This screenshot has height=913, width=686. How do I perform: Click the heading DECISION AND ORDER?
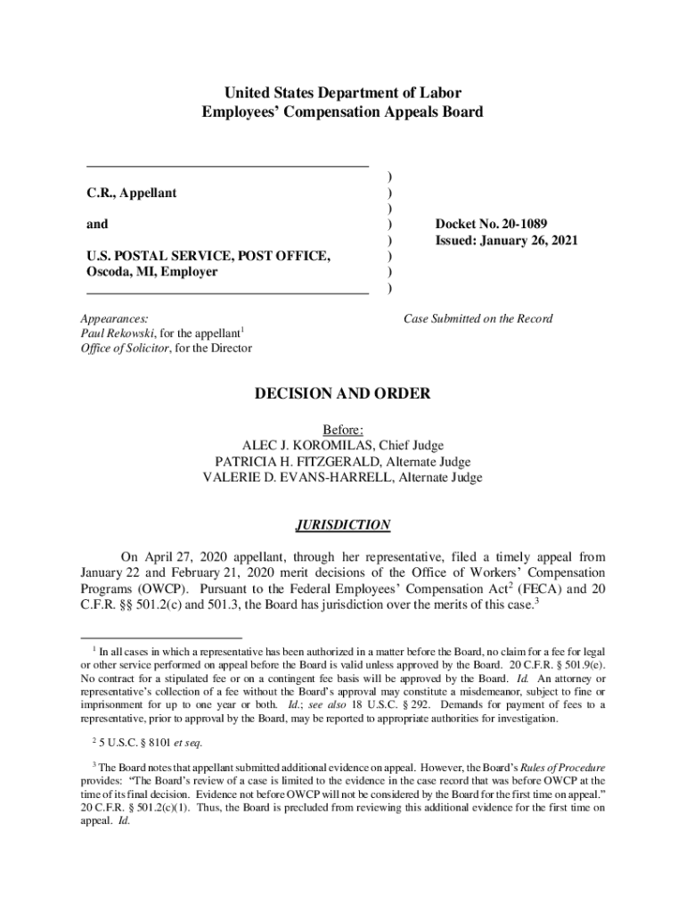coord(343,393)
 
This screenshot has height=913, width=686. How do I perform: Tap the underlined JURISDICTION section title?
coord(343,525)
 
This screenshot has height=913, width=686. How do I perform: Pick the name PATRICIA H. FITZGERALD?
coord(298,462)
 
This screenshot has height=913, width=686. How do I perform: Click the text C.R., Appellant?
coord(131,193)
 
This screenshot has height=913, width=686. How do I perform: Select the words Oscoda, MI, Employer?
coord(151,273)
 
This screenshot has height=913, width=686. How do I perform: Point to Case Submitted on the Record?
coord(478,318)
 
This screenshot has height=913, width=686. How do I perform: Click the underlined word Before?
coord(343,430)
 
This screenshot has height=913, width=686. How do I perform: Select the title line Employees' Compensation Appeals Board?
coord(343,112)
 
